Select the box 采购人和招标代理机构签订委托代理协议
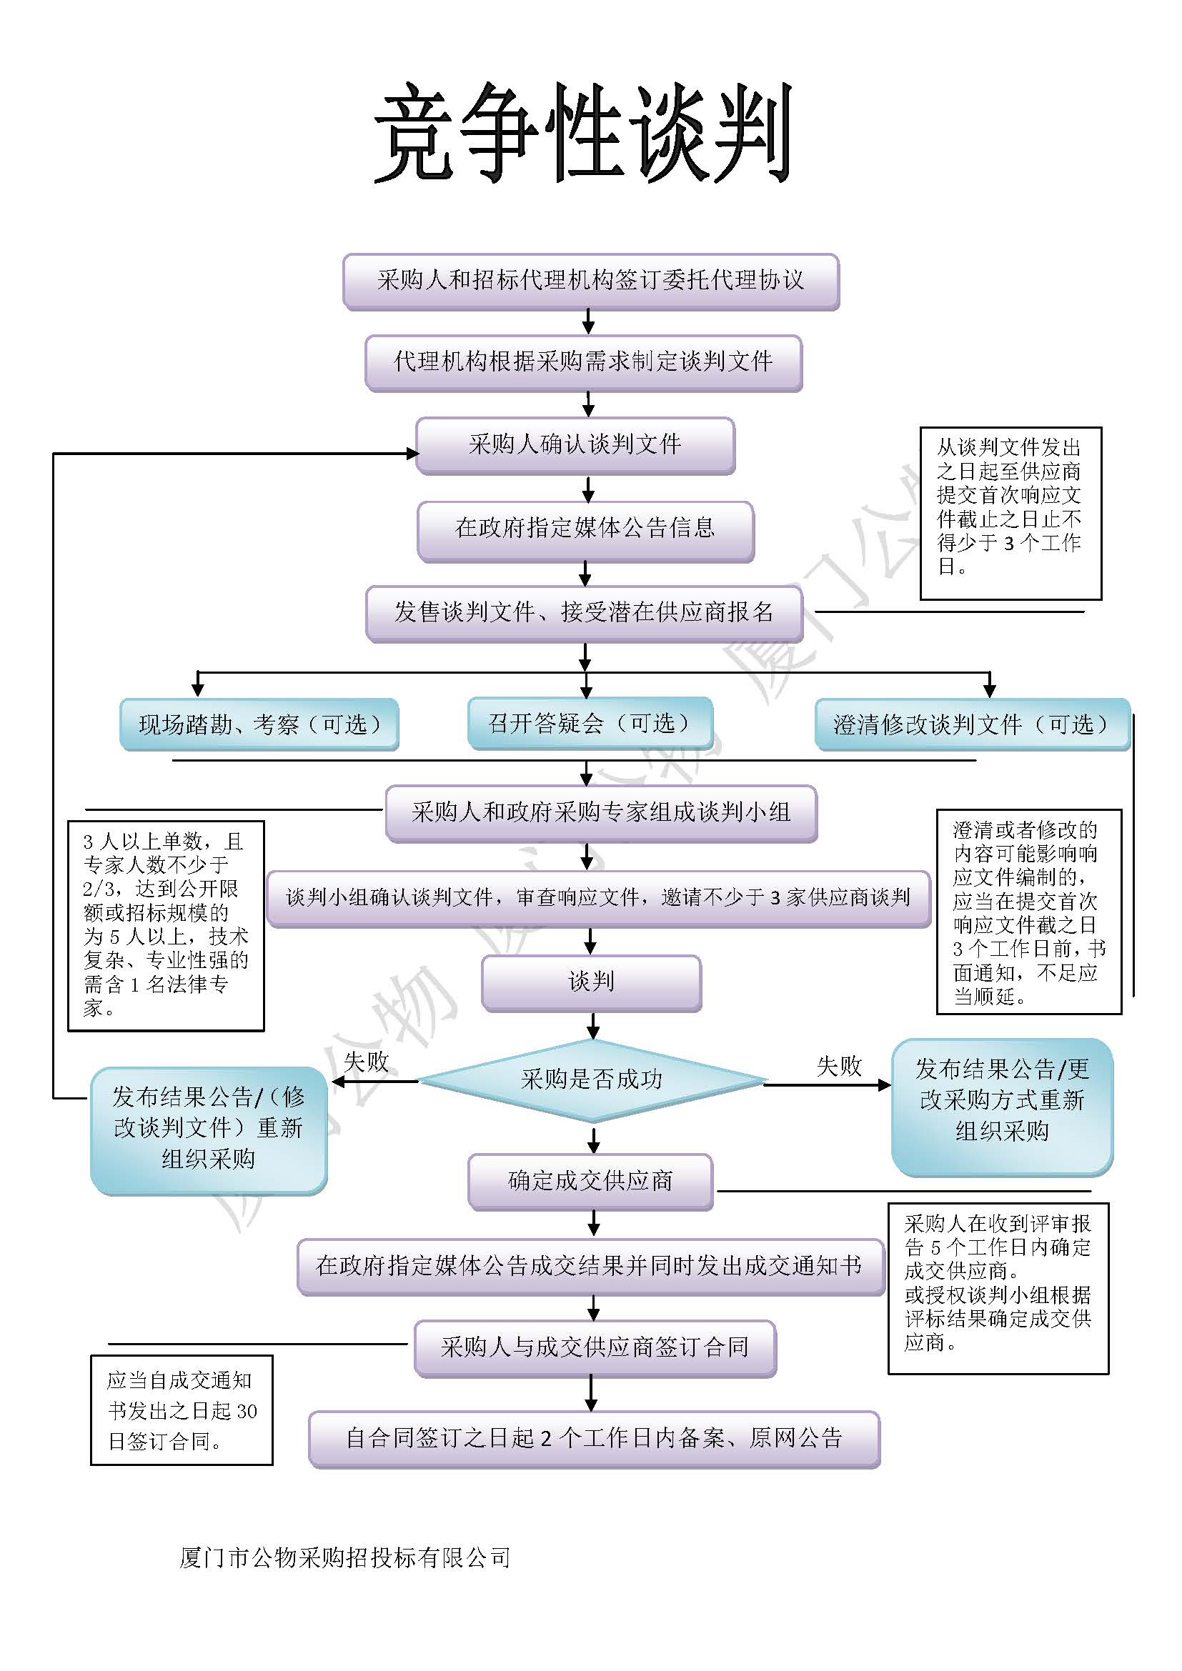pos(590,281)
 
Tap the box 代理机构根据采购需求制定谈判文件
pos(583,361)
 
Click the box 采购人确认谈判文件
pos(575,444)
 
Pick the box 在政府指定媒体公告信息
pos(585,529)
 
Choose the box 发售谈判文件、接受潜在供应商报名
pos(584,613)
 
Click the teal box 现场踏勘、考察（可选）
pos(259,724)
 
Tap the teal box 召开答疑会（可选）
pos(590,723)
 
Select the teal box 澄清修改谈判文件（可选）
pos(972,724)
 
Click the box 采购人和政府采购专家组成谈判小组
pos(600,813)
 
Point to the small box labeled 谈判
pos(591,982)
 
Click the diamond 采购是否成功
pos(592,1079)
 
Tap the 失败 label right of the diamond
pos(838,1067)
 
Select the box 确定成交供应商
pos(590,1180)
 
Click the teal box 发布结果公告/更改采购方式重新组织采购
pos(1001,1100)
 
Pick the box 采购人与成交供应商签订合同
pos(595,1347)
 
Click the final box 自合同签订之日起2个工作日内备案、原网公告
pos(594,1438)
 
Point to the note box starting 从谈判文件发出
pos(1010,513)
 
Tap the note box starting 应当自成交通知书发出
pos(182,1410)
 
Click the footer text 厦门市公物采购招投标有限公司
pos(344,1557)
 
